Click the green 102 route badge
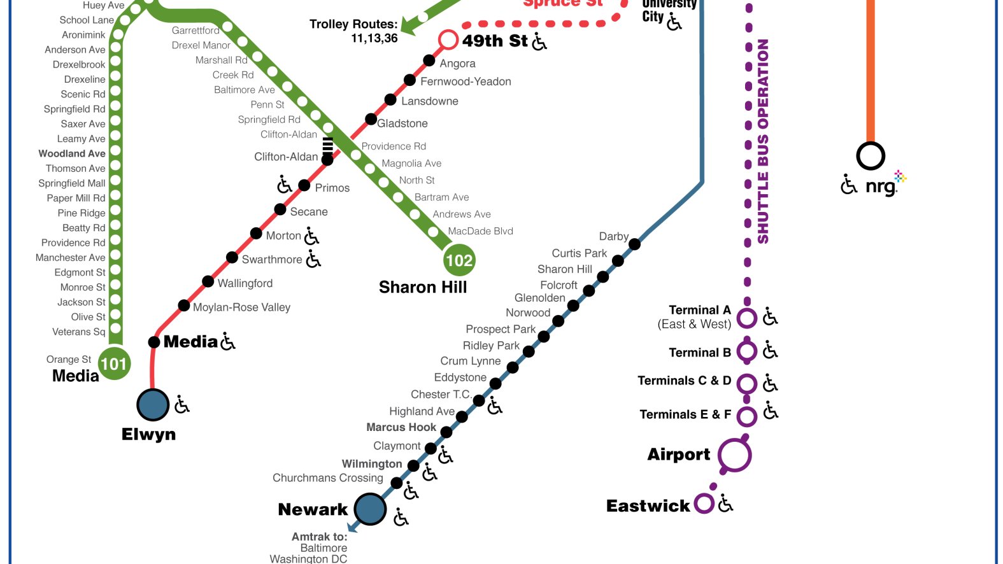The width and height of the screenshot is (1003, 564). pos(459,260)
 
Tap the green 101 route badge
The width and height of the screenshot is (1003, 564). pos(114,363)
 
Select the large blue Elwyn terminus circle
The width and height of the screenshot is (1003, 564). pos(153,405)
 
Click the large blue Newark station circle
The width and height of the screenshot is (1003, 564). pos(370,509)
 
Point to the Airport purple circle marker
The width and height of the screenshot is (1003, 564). pos(734,455)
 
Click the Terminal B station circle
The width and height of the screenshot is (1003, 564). pos(746,351)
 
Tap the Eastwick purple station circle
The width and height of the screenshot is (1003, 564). pos(704,504)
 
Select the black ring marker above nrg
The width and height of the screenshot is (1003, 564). pos(870,156)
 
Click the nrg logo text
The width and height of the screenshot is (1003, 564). pos(881,187)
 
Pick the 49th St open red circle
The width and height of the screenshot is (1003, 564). pos(448,40)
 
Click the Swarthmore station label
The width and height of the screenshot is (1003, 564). pos(272,260)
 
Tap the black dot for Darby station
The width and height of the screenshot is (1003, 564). pos(634,243)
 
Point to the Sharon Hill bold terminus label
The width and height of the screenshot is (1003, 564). pos(423,288)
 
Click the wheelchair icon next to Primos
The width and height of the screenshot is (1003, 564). pos(284,185)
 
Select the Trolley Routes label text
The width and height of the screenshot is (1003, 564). pos(353,25)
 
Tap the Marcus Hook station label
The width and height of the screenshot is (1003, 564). pos(401,427)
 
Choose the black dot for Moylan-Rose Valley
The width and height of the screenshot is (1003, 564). pos(184,306)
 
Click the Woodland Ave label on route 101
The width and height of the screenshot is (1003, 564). pos(72,153)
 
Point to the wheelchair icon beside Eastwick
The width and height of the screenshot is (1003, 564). pos(725,504)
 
